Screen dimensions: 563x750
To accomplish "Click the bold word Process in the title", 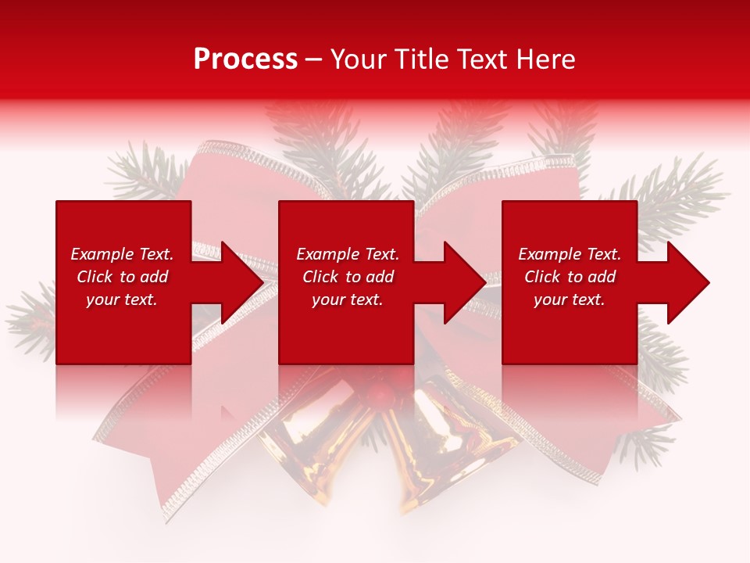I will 245,59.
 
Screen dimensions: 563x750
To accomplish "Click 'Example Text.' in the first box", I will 122,254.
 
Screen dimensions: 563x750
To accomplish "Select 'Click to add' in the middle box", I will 348,277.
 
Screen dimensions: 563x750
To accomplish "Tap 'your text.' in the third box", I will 569,299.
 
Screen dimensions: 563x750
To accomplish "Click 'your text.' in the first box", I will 122,299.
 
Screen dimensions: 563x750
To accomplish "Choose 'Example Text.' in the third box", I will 570,254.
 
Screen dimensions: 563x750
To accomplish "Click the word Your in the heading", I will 357,59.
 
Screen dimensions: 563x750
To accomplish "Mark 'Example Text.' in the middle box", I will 348,254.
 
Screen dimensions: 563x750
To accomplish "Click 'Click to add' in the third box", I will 570,277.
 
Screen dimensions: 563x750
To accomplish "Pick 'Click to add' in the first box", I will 122,277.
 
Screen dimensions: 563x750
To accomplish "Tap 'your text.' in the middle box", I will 347,299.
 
